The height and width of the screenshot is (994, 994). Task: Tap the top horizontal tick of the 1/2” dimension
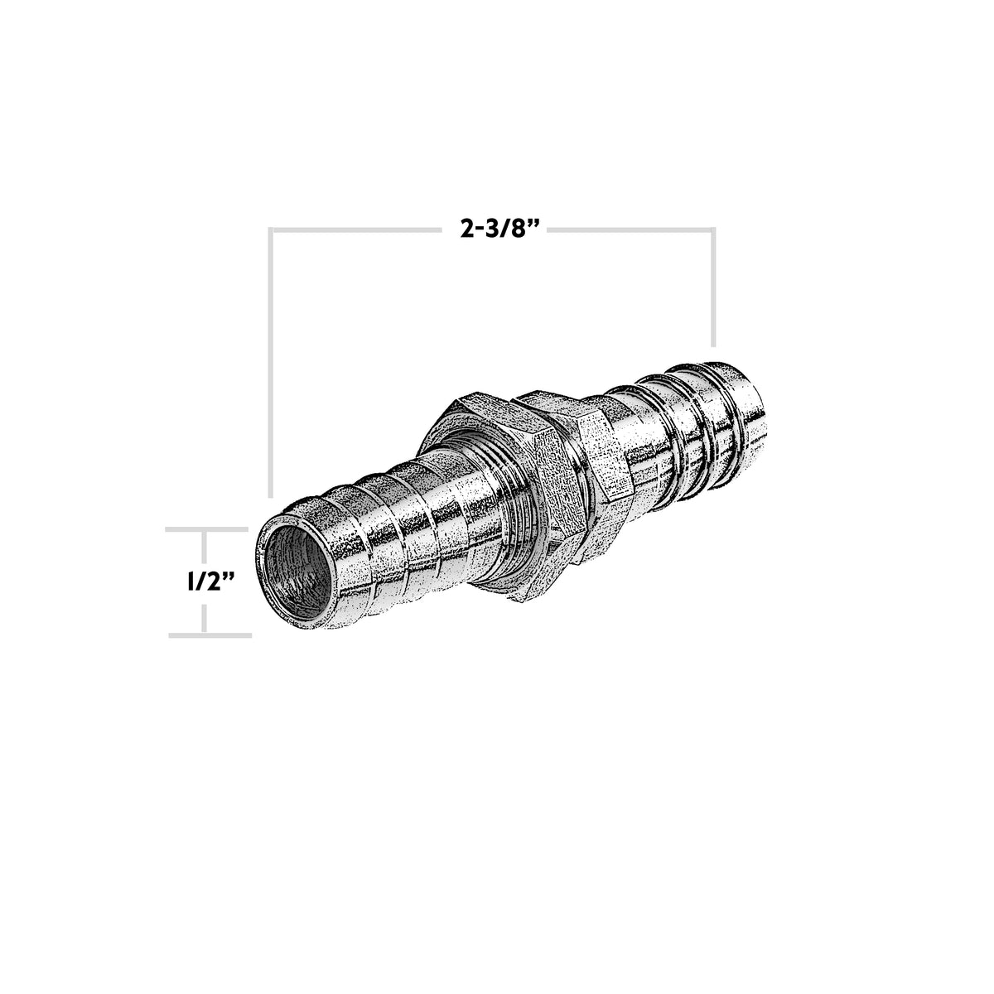(208, 528)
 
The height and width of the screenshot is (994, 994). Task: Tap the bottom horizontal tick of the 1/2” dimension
(210, 635)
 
